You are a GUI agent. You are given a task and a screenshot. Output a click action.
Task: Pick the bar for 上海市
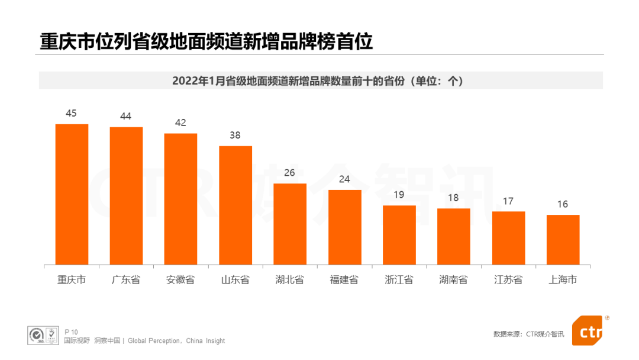[x=563, y=239]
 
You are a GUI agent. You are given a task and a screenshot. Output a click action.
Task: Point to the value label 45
[x=71, y=113]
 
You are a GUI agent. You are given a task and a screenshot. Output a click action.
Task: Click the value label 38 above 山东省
[x=235, y=135]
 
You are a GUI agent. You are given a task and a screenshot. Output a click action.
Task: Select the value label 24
[x=344, y=179]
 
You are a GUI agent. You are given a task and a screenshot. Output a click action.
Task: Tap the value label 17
[x=508, y=201]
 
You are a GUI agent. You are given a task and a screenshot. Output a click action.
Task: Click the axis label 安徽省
[x=180, y=279]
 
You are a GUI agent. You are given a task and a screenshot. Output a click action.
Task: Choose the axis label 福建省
[x=344, y=279]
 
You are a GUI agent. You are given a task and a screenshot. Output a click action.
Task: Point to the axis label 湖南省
[x=453, y=279]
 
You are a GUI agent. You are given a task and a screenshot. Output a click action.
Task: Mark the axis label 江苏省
[x=508, y=279]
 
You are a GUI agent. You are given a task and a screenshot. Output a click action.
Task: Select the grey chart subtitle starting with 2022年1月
[x=320, y=81]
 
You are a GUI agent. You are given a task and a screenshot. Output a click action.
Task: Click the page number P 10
[x=71, y=332]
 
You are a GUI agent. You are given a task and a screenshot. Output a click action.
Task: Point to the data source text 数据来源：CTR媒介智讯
[x=528, y=334]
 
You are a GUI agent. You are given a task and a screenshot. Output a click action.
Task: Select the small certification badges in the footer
[x=44, y=335]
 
